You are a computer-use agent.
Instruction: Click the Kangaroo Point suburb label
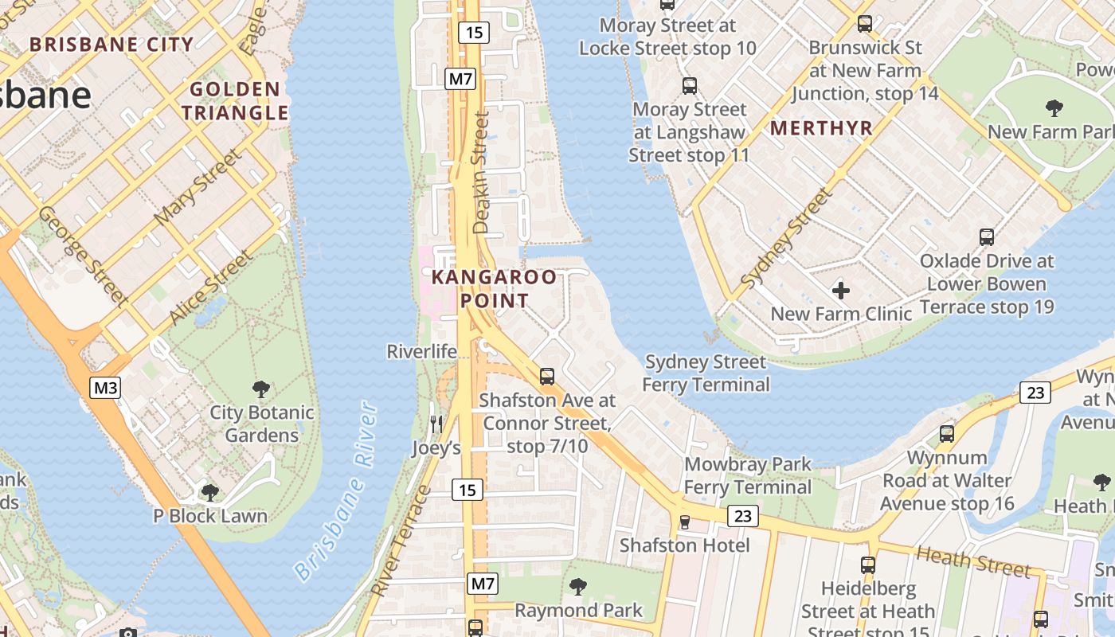pyautogui.click(x=494, y=289)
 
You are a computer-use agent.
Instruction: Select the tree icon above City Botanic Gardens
pyautogui.click(x=260, y=389)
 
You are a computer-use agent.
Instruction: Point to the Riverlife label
pyautogui.click(x=422, y=351)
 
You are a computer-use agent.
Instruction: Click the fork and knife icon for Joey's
pyautogui.click(x=436, y=424)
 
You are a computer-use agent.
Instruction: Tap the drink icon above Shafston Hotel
pyautogui.click(x=684, y=522)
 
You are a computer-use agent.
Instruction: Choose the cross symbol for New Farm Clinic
pyautogui.click(x=840, y=291)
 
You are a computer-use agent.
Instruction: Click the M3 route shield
pyautogui.click(x=105, y=388)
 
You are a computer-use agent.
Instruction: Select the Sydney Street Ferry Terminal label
pyautogui.click(x=706, y=373)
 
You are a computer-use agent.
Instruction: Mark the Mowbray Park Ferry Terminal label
pyautogui.click(x=748, y=475)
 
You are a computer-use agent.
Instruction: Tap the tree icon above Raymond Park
pyautogui.click(x=577, y=587)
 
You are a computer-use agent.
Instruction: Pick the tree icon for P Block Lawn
pyautogui.click(x=210, y=493)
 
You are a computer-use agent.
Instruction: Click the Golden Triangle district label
pyautogui.click(x=235, y=101)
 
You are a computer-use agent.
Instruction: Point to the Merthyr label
pyautogui.click(x=821, y=128)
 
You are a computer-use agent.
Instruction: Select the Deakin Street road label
pyautogui.click(x=481, y=172)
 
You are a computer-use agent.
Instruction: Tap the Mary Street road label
pyautogui.click(x=197, y=186)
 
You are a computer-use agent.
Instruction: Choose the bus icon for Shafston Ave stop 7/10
pyautogui.click(x=546, y=376)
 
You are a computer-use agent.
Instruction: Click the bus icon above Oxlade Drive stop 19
pyautogui.click(x=986, y=236)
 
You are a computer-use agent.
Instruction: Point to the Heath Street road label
pyautogui.click(x=973, y=561)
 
